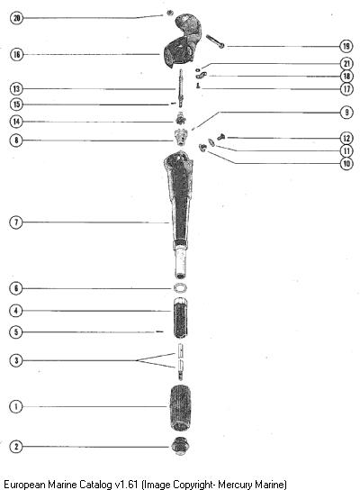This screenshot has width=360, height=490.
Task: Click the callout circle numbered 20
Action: pos(16,18)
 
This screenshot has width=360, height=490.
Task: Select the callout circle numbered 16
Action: pos(16,55)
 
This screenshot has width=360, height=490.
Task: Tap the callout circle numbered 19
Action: pos(346,46)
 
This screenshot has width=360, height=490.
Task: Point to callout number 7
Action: pos(16,222)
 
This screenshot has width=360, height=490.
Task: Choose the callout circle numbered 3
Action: pos(16,360)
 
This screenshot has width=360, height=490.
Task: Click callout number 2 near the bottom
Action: pos(16,446)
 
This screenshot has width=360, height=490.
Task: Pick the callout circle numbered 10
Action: pos(346,163)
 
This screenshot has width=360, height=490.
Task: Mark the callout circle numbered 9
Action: pos(346,113)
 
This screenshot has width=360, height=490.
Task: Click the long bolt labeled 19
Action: pos(215,41)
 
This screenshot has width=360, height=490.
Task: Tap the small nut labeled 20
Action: pos(170,13)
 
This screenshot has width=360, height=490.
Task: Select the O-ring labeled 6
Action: pos(180,288)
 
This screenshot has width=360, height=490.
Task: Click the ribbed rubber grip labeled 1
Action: pos(180,408)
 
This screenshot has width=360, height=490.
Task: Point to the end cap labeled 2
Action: pos(180,446)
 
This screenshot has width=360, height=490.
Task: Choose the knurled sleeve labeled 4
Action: pos(180,318)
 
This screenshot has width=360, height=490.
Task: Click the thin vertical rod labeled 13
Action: pos(181,88)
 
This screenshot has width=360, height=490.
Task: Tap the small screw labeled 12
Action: pos(221,137)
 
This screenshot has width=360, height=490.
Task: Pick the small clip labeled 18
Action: pos(202,75)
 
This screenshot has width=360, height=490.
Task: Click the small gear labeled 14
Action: pos(180,119)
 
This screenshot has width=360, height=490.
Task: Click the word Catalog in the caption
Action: pos(95,484)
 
